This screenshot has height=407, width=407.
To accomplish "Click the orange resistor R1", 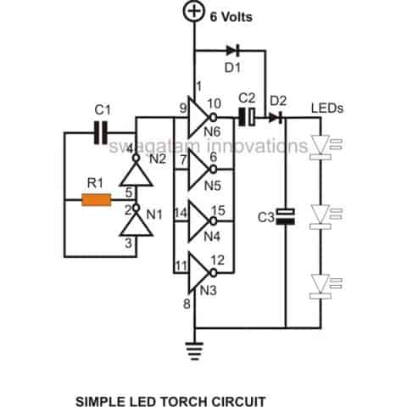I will pos(96,201).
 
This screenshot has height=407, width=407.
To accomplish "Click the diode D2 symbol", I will pos(274,117).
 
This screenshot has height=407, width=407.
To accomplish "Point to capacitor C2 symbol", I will pos(246,117).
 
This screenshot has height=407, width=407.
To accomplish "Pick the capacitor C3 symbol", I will pos(286,216).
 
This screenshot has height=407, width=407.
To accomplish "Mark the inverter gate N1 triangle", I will pos(135,226).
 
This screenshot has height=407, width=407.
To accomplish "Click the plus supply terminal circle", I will pos(195,13).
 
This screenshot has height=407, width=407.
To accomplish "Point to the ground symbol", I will pos(195,347).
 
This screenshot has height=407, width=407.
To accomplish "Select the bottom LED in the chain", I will pos(321,283).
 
